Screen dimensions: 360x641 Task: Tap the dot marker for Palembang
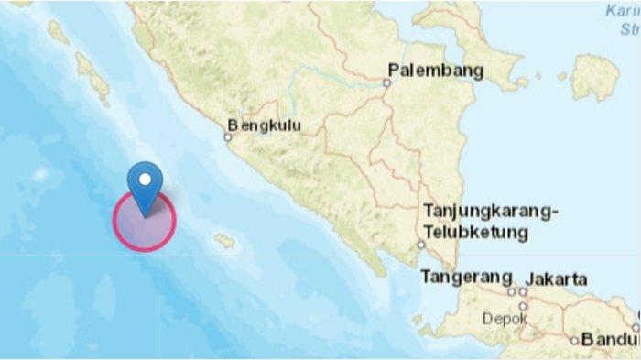click(x=386, y=82)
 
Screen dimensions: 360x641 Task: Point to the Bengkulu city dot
click(x=228, y=138)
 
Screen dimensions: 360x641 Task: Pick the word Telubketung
click(x=475, y=233)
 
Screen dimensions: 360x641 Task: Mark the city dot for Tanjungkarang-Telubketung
click(x=421, y=245)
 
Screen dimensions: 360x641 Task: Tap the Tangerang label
click(x=465, y=277)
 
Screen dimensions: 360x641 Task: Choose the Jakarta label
click(x=557, y=279)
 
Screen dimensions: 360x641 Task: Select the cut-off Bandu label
click(x=610, y=340)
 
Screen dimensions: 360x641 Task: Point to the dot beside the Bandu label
click(x=574, y=341)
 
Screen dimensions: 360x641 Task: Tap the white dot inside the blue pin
click(x=144, y=177)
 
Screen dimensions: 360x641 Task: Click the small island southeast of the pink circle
click(x=224, y=242)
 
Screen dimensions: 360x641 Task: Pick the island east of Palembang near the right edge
click(x=594, y=76)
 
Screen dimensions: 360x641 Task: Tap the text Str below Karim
click(x=629, y=28)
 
